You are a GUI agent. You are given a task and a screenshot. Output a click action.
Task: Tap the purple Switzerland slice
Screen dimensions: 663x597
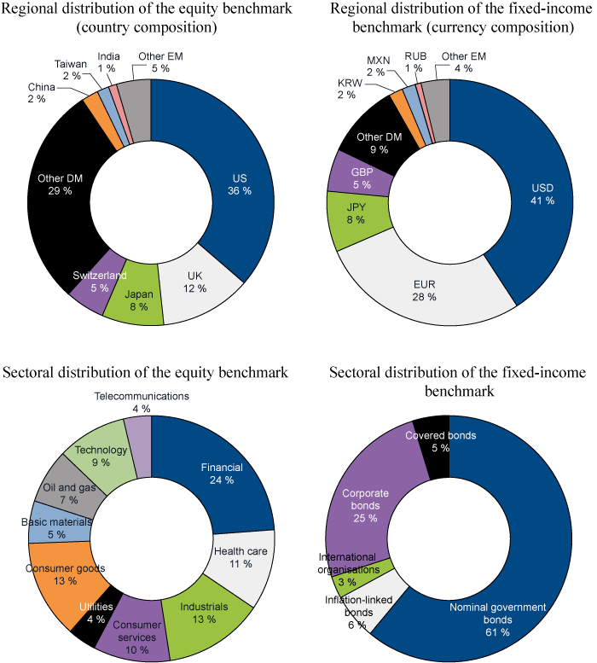point(89,282)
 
